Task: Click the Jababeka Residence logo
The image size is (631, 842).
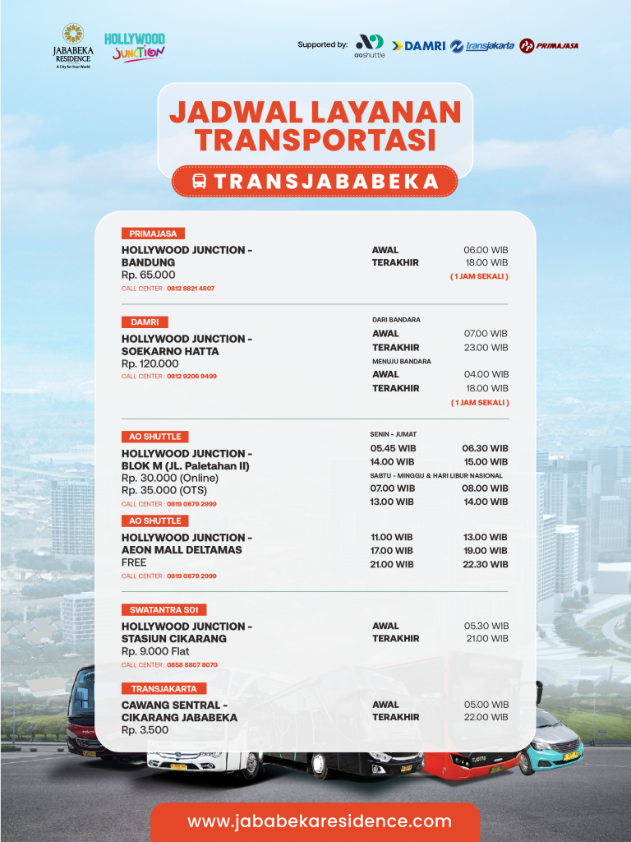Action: point(72,46)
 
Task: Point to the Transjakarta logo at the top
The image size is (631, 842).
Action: point(482,46)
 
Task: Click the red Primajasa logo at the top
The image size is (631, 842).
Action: point(549,46)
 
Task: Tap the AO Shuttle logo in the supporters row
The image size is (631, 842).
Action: point(369,45)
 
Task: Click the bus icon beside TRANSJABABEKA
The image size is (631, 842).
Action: point(200,182)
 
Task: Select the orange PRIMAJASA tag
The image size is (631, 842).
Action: point(153,234)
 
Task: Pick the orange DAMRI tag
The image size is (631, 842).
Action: point(145,322)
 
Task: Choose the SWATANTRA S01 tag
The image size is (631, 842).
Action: point(164,610)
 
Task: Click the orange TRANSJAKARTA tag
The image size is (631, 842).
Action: point(164,688)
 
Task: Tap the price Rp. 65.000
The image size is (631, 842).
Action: point(149,275)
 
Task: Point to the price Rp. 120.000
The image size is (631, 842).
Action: point(150,363)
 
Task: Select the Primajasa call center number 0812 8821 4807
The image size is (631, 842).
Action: point(191,289)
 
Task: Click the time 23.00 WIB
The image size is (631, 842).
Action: point(486,348)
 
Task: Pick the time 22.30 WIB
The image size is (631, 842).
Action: point(485,565)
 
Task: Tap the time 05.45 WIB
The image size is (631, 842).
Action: point(393,449)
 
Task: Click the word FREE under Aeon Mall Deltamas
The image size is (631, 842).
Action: point(134,563)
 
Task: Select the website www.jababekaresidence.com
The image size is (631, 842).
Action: point(319,821)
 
